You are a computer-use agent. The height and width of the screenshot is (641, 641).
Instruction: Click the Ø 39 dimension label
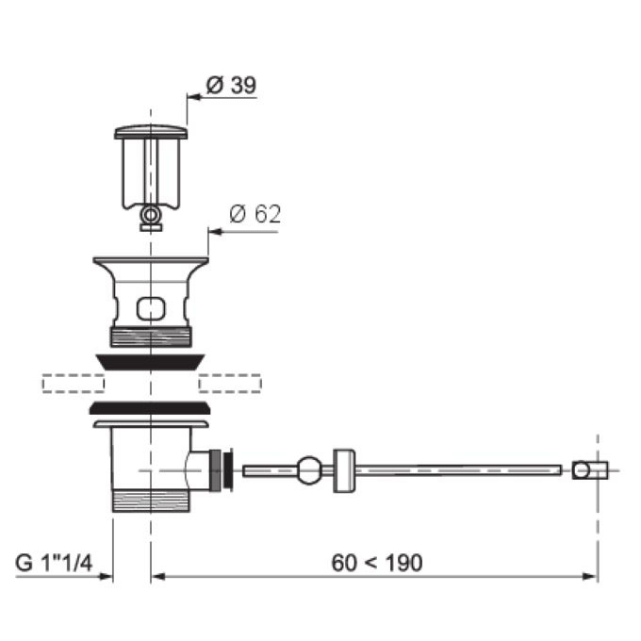(x=231, y=85)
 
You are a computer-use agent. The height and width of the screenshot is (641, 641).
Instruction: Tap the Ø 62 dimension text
(x=255, y=214)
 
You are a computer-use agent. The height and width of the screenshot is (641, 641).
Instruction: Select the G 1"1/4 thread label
(x=54, y=563)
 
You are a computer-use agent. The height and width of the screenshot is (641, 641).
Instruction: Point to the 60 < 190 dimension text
(x=377, y=563)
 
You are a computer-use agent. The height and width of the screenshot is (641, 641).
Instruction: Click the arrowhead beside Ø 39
(x=194, y=97)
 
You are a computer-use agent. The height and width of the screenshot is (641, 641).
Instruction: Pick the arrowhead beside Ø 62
(x=215, y=232)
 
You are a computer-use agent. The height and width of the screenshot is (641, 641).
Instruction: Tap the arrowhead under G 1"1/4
(x=106, y=576)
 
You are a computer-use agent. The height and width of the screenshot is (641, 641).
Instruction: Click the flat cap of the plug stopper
(x=151, y=132)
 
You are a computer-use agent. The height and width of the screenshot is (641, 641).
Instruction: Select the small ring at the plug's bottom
(x=151, y=214)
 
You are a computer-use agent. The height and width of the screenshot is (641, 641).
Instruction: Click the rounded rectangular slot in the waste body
(x=151, y=308)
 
